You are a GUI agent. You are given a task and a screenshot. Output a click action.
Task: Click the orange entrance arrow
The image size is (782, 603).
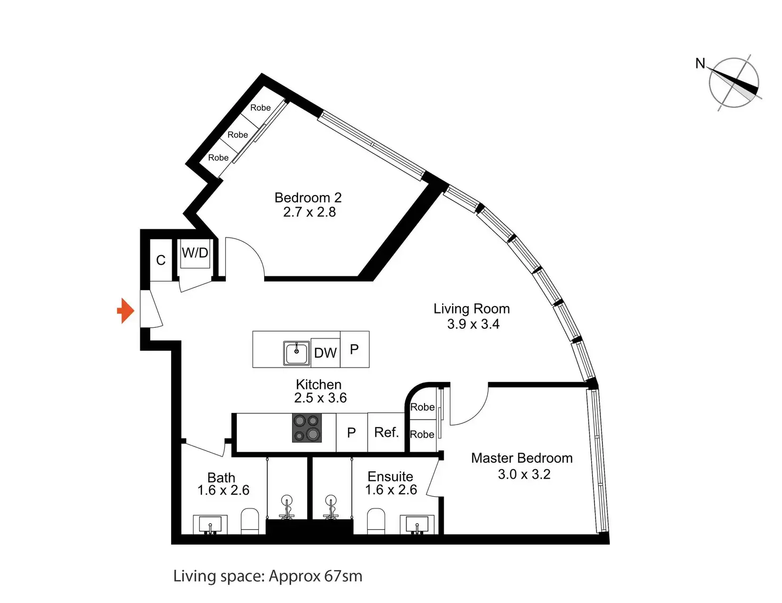(x=126, y=310)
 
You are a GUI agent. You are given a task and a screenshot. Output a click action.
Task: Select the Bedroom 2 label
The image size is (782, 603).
(x=308, y=198)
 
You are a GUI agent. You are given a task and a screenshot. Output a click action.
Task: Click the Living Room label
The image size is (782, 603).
(x=471, y=309)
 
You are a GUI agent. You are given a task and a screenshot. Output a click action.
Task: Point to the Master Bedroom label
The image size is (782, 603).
(x=522, y=458)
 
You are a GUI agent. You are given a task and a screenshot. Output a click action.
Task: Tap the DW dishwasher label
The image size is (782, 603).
(x=325, y=353)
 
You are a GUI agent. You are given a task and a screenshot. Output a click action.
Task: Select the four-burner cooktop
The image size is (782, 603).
(x=307, y=428)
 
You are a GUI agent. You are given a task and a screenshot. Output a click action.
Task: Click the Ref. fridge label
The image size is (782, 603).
(x=386, y=432)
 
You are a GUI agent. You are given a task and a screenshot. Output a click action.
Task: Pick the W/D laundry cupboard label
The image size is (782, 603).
(x=195, y=253)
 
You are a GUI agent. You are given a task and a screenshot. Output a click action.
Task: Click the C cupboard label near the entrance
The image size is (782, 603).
(x=161, y=260)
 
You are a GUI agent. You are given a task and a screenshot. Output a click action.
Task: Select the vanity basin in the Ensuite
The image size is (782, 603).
(x=417, y=524)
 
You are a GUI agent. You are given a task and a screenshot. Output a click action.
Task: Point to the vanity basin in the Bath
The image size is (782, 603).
(x=210, y=524)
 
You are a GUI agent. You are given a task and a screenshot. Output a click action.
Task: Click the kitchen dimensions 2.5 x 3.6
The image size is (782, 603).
(x=320, y=398)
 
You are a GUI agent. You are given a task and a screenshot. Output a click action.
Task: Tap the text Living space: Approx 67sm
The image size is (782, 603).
(x=268, y=576)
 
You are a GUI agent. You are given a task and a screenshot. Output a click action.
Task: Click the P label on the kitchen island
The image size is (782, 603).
(x=354, y=349)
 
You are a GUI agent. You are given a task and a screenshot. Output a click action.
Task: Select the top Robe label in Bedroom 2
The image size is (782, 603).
(x=260, y=108)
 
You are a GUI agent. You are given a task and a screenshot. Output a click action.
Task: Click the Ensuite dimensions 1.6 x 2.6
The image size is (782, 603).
(x=391, y=490)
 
